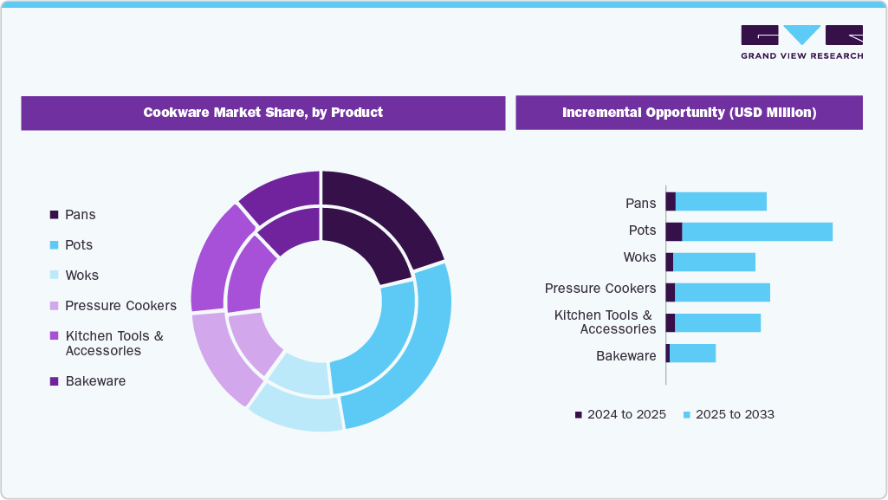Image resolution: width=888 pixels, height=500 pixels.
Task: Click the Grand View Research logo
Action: tap(801, 42)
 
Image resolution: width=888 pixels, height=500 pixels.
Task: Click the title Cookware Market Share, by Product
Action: tap(263, 113)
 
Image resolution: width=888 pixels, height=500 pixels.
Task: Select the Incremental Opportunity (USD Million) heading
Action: tap(689, 113)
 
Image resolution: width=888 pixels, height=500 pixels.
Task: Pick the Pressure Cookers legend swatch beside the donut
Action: tap(55, 306)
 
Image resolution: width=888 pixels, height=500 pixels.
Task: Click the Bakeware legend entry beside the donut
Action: tap(94, 380)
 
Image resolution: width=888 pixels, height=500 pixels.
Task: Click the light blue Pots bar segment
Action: tap(756, 231)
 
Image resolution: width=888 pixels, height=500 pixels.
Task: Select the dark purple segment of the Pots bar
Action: tap(673, 231)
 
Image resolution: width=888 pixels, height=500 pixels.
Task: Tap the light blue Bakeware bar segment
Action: tap(692, 353)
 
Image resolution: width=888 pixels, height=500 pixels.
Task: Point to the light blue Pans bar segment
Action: tap(721, 202)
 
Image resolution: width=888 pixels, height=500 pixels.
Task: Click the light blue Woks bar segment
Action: tap(714, 262)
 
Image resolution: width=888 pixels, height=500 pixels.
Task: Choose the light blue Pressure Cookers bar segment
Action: tap(722, 292)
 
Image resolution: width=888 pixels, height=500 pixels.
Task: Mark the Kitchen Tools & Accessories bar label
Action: tap(605, 321)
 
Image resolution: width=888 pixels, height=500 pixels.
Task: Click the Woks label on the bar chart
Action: tap(639, 257)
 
